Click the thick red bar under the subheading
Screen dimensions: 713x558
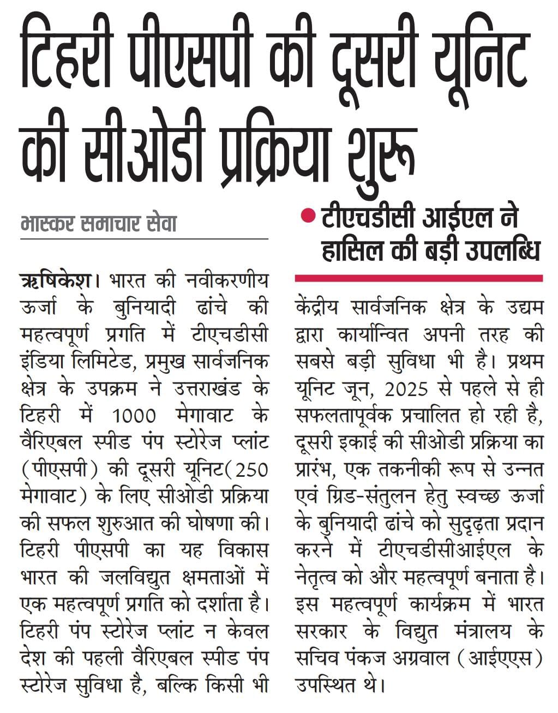pos(418,278)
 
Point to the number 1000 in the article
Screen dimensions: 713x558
pos(134,416)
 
